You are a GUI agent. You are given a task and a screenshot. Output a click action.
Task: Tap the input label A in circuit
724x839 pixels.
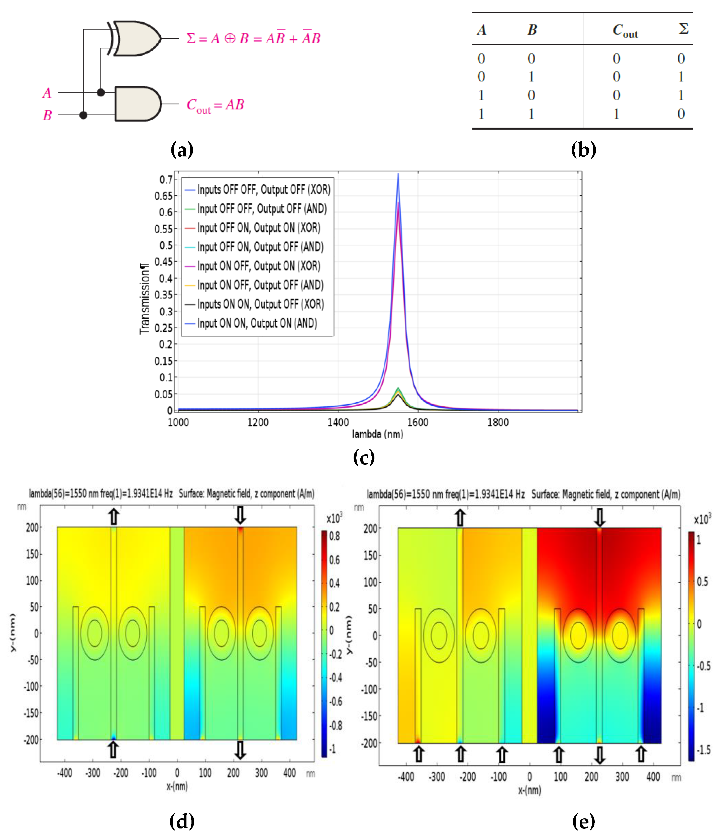pos(47,93)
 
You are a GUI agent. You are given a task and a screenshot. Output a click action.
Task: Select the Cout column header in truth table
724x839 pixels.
pos(625,30)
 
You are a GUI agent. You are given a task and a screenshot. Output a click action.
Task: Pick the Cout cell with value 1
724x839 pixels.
pos(616,114)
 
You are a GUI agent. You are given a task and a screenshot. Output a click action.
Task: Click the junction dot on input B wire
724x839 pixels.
pos(83,115)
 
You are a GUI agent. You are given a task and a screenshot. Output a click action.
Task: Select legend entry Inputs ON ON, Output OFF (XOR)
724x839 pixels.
pos(260,304)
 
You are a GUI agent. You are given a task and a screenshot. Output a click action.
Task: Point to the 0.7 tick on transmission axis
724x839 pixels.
pos(166,179)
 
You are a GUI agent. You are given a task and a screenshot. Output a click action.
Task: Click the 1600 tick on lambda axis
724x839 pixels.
pos(418,422)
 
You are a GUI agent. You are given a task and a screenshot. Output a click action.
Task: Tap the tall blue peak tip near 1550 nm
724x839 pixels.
pos(398,174)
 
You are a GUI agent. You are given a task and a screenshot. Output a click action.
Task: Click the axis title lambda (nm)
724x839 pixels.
pos(377,434)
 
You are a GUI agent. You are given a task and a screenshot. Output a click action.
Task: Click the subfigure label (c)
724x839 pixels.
pos(364,457)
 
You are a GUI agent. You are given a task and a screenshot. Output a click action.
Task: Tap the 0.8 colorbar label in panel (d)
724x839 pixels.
pos(335,536)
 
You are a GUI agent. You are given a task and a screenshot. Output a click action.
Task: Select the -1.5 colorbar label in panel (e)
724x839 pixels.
pos(704,750)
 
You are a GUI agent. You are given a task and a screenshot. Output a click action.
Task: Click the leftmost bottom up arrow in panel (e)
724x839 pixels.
pos(419,754)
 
